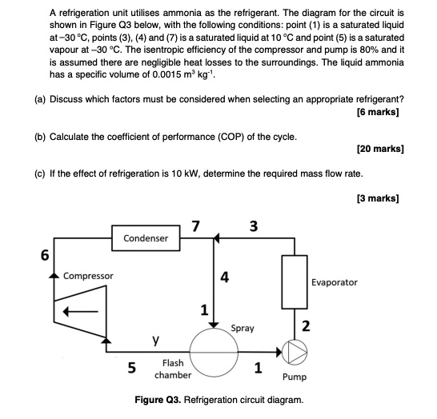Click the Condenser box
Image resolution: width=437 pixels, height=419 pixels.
pos(146,238)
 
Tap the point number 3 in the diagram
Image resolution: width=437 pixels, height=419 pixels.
pos(253,225)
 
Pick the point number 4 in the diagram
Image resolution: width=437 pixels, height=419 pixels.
pos(225,278)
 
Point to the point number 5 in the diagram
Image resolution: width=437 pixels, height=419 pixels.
pos(131,367)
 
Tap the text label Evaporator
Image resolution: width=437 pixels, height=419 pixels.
pos(335,282)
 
